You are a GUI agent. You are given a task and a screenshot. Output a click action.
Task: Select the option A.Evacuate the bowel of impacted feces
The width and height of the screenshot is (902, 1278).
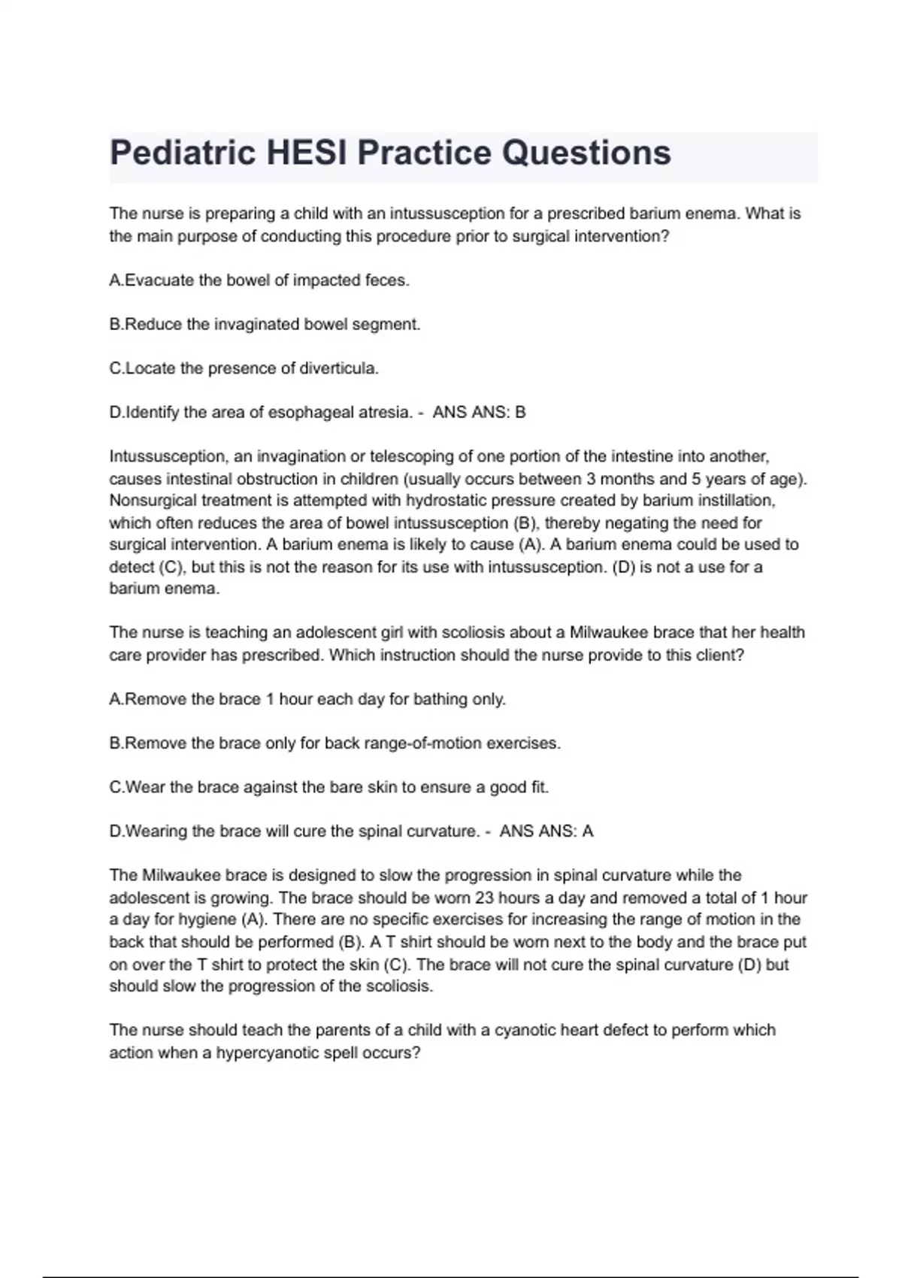click(259, 280)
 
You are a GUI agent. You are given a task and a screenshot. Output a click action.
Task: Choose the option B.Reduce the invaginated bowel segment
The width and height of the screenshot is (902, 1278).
click(265, 325)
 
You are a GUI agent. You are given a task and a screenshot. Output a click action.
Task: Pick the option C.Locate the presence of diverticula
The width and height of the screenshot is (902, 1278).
click(244, 368)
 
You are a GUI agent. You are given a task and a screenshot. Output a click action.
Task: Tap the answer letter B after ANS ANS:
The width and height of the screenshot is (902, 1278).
click(520, 413)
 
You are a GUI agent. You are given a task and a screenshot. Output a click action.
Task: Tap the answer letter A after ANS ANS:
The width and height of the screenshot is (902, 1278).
click(588, 831)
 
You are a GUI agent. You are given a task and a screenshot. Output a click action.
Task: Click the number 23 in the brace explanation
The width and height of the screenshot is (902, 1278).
click(485, 898)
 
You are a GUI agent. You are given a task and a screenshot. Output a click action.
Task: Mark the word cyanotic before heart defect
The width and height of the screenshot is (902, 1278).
click(524, 1030)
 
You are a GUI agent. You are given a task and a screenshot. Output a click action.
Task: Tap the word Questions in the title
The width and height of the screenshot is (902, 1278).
click(586, 153)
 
